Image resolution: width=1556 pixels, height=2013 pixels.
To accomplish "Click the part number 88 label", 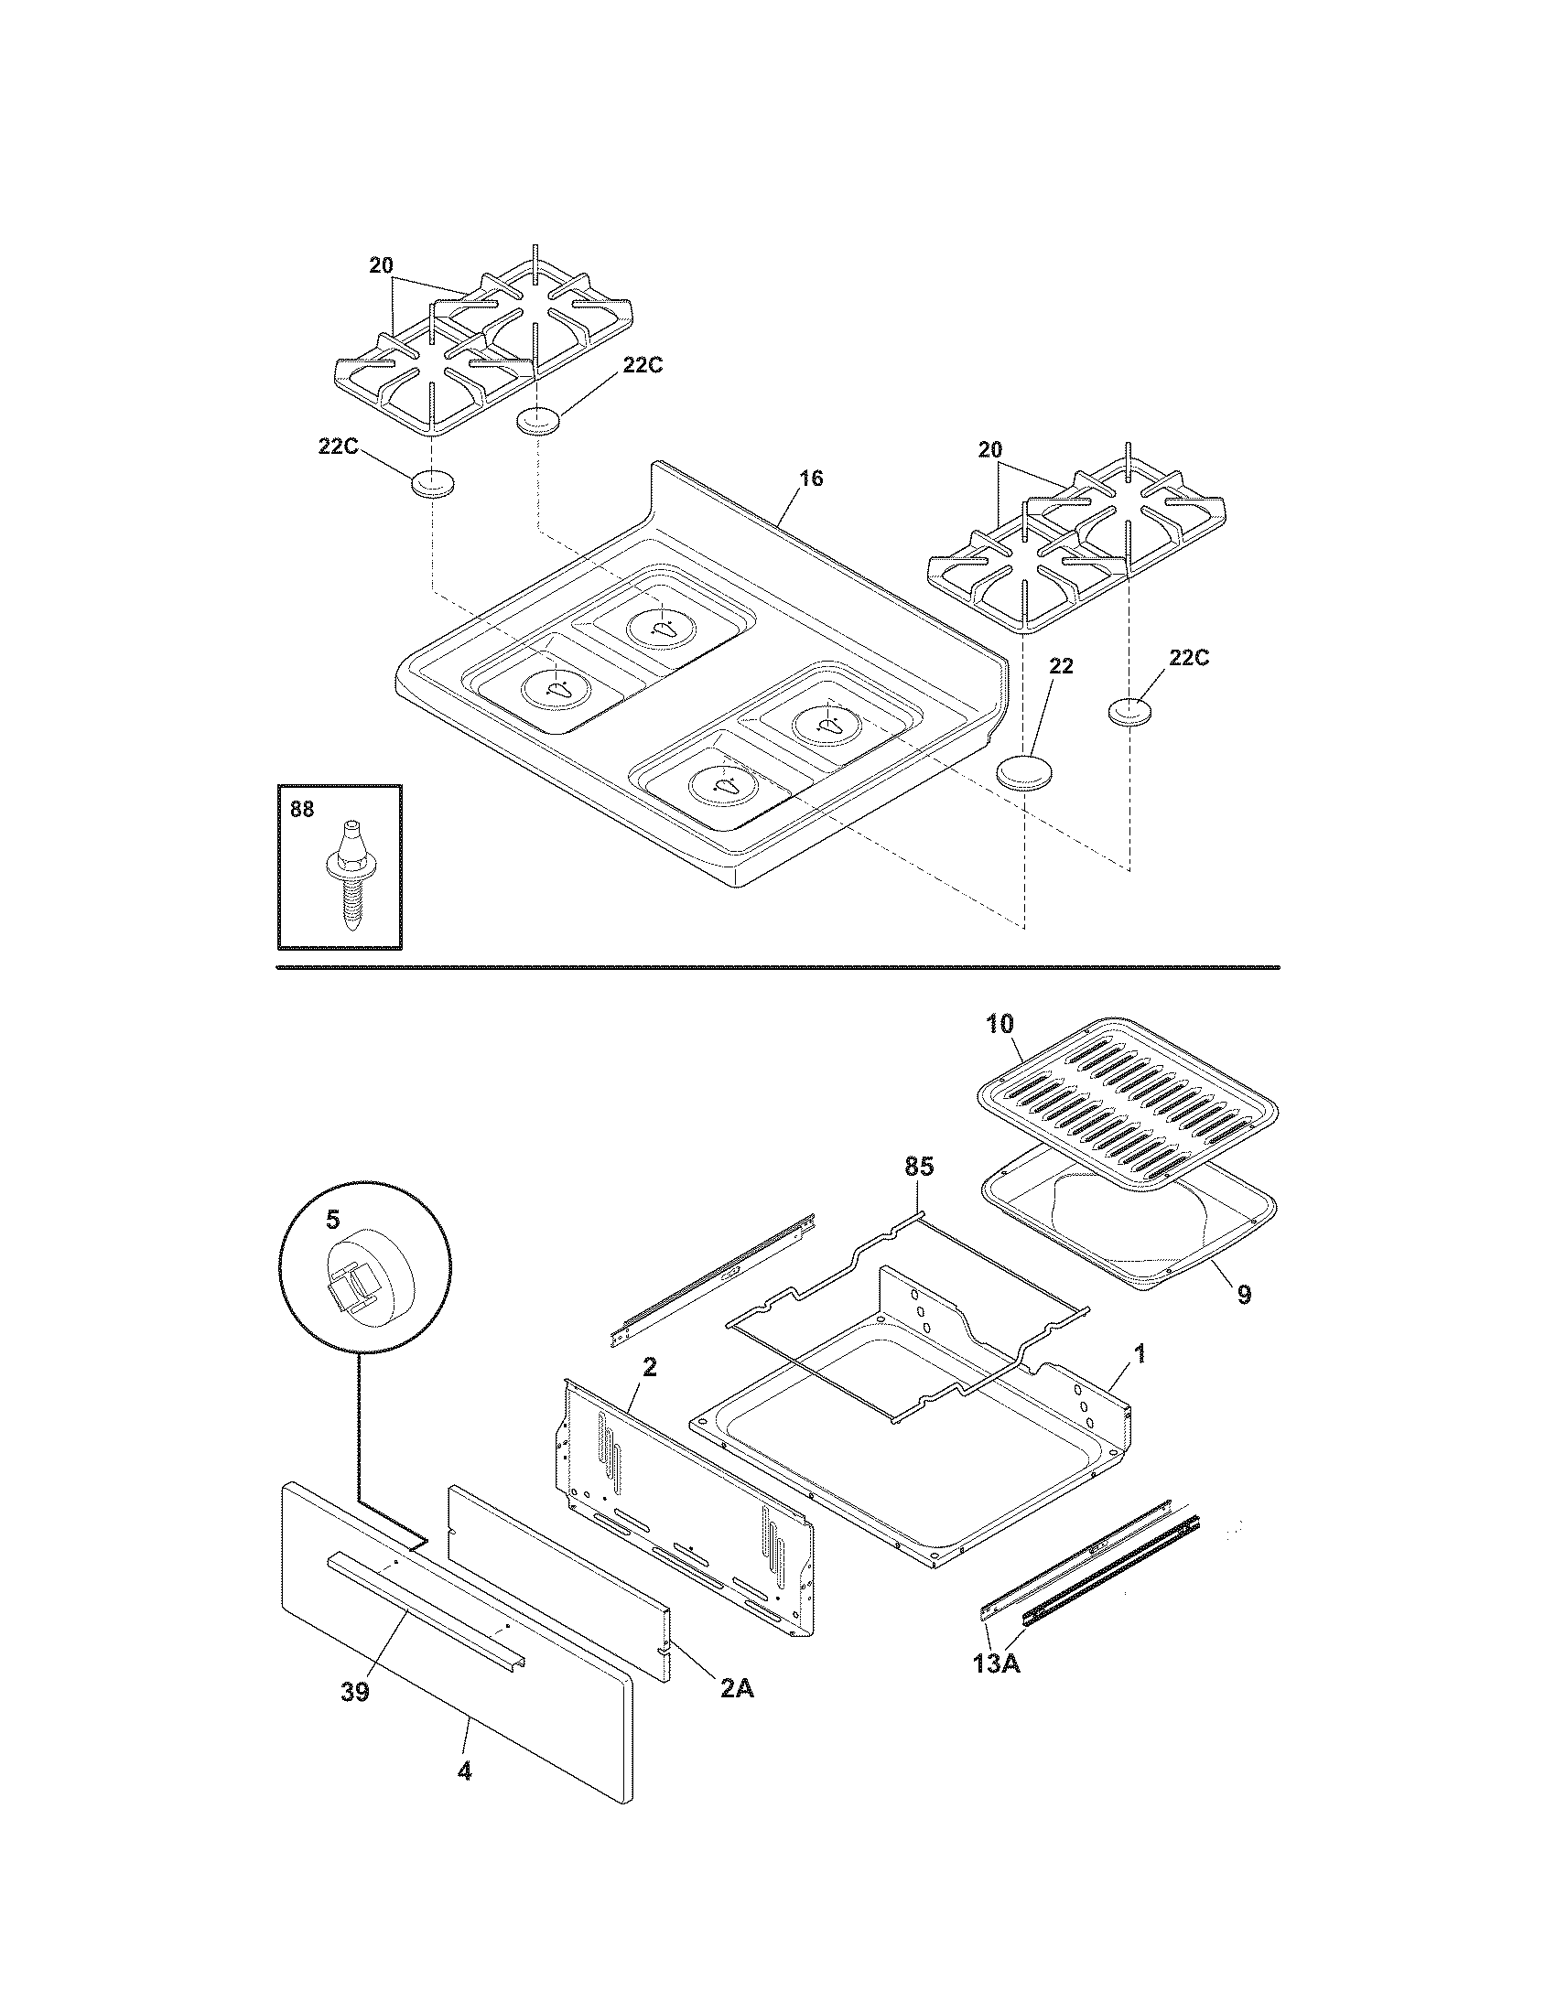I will pos(301,809).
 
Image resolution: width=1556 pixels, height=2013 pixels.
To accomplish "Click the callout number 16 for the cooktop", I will pos(811,479).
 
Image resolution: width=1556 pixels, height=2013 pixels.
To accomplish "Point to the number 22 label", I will pos(1062,666).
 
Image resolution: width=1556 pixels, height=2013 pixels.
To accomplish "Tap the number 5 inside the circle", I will pos(332,1220).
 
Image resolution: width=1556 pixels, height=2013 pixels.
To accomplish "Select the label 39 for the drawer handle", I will pos(355,1692).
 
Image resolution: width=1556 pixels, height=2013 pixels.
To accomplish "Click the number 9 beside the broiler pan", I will pos(1244,1294).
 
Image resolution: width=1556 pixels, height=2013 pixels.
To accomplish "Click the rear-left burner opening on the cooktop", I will pos(662,629).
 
